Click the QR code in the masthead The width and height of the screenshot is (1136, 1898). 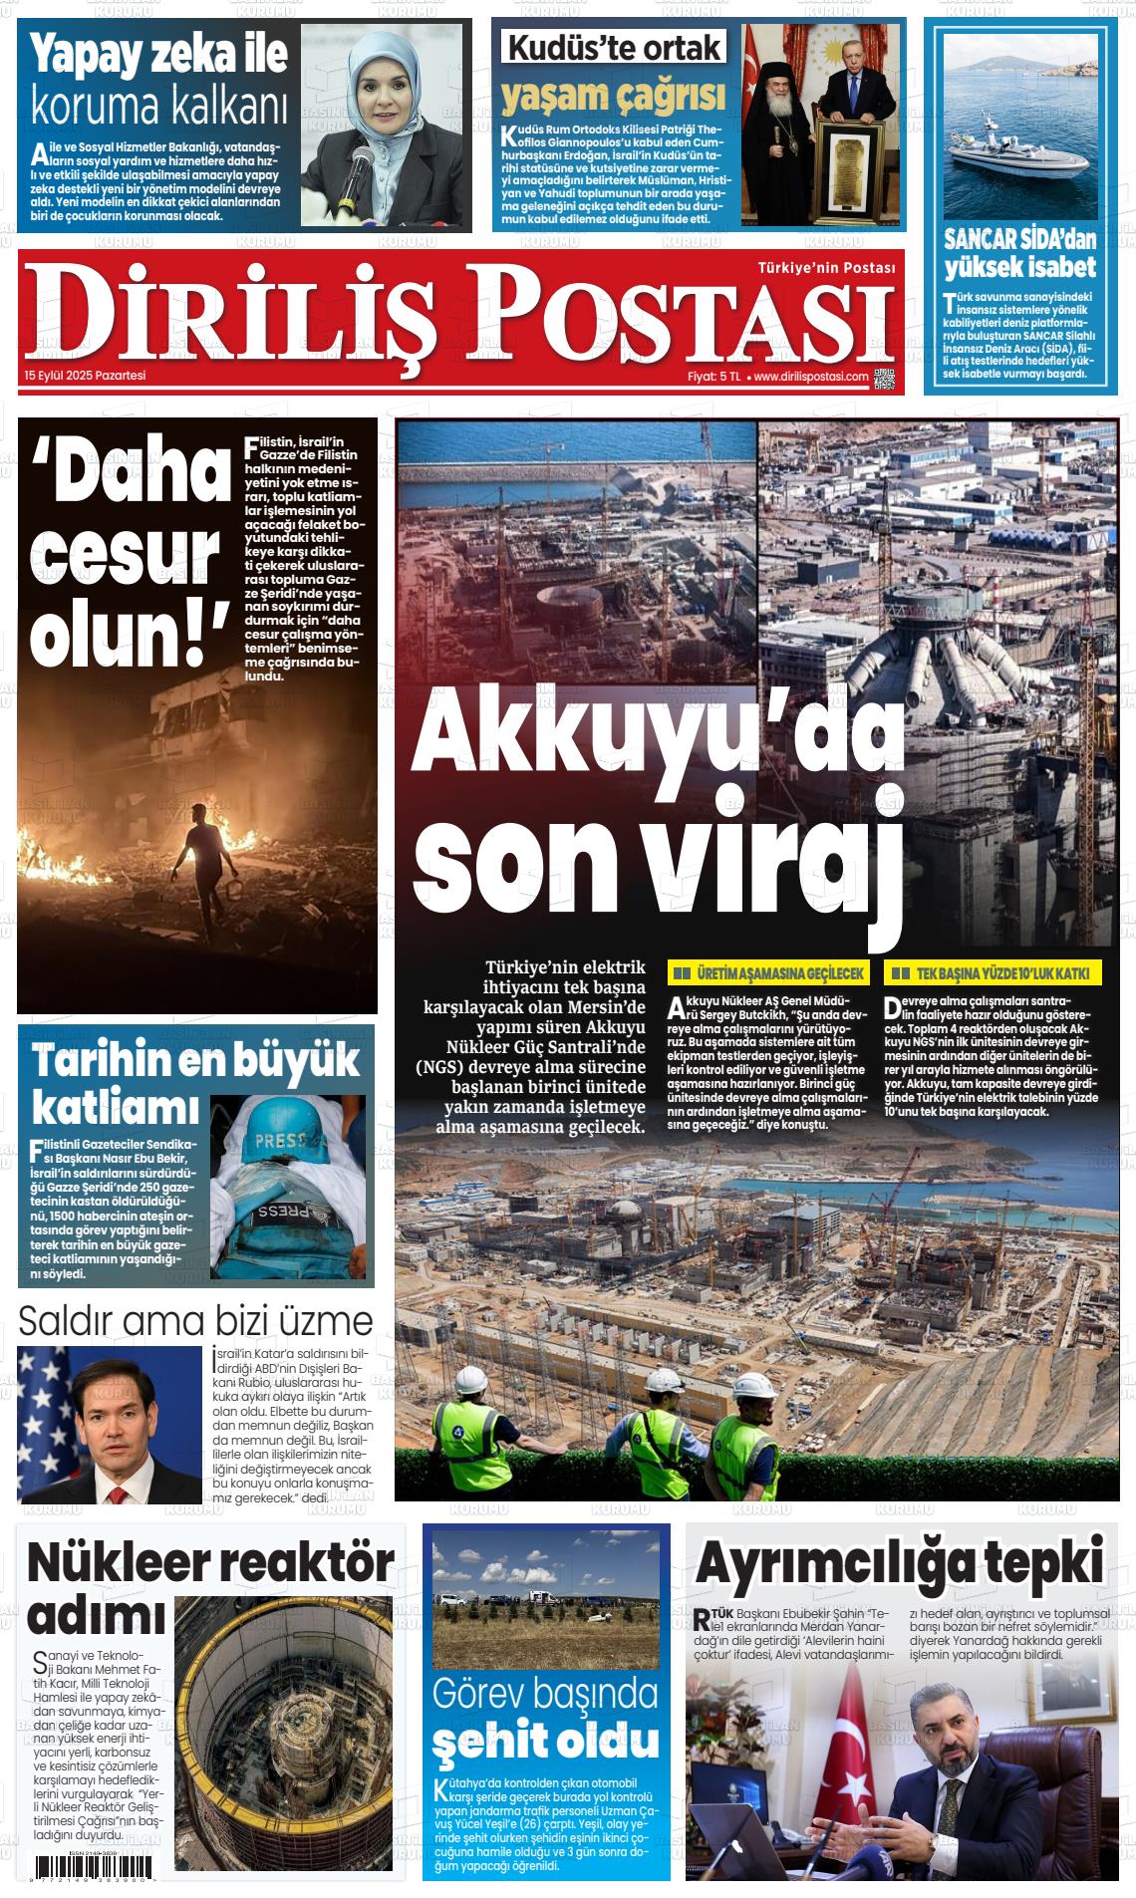pyautogui.click(x=884, y=378)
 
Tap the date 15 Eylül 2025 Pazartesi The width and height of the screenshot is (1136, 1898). pyautogui.click(x=86, y=376)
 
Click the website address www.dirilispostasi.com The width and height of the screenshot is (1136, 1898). pyautogui.click(x=810, y=377)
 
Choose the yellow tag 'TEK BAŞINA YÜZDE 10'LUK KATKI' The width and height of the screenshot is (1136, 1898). pyautogui.click(x=994, y=973)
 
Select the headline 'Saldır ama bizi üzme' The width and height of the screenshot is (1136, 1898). pyautogui.click(x=195, y=1321)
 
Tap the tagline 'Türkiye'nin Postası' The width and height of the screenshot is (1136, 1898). pyautogui.click(x=826, y=268)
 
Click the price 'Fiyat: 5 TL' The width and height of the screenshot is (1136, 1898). pyautogui.click(x=713, y=377)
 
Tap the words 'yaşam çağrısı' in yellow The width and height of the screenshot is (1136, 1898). pyautogui.click(x=613, y=96)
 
